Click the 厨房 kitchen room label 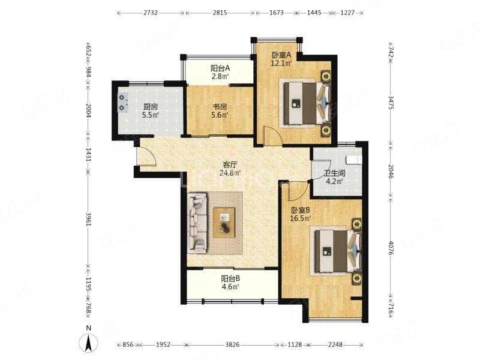[150, 107]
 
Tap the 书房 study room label [220, 107]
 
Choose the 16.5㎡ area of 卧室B [301, 218]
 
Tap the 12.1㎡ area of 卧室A [281, 62]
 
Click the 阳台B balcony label [230, 278]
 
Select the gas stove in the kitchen [123, 103]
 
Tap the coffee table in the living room [226, 222]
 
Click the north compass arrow [89, 343]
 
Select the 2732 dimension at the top [151, 13]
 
